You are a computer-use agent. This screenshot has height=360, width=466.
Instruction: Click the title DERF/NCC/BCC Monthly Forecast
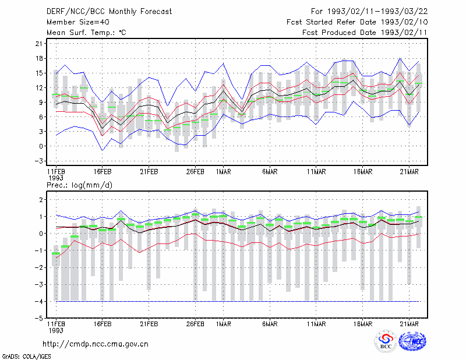click(x=109, y=12)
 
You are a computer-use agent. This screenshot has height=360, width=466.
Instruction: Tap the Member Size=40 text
click(x=78, y=22)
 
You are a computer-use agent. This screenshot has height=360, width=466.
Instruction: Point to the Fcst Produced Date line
click(x=365, y=33)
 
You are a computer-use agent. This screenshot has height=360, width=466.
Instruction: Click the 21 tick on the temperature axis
click(x=39, y=44)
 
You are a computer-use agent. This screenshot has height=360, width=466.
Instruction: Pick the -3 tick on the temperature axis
click(x=39, y=161)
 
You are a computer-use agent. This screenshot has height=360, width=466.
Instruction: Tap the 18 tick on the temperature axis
click(x=39, y=58)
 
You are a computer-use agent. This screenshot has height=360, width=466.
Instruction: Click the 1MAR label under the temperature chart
click(x=224, y=172)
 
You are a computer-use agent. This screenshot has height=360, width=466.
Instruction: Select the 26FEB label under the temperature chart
click(x=195, y=172)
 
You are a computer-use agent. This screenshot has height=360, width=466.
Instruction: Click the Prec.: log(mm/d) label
click(x=79, y=185)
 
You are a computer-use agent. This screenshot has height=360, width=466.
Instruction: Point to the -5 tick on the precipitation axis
click(x=39, y=318)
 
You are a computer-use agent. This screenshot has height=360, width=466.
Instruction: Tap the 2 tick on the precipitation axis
click(x=41, y=199)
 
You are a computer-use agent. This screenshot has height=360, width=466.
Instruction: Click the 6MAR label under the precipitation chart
click(x=270, y=324)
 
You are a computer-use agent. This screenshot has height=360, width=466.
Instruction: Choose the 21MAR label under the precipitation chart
click(x=409, y=324)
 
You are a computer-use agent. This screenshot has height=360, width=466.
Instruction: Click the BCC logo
click(x=386, y=341)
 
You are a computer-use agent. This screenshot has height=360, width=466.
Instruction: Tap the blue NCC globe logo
click(x=412, y=341)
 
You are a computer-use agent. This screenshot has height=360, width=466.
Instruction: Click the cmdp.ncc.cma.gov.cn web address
click(x=96, y=344)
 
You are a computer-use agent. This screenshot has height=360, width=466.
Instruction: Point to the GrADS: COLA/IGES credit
click(x=26, y=357)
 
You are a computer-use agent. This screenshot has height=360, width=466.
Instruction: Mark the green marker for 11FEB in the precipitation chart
click(x=56, y=253)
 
